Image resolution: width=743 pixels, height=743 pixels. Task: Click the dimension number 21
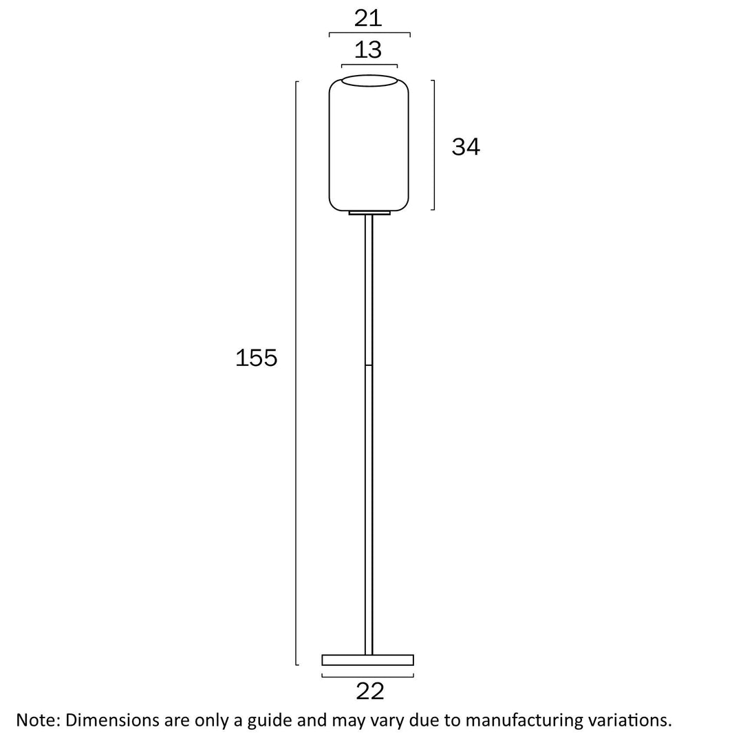pos(368,18)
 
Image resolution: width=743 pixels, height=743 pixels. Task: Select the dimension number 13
pos(368,50)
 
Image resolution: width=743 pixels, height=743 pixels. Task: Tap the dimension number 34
pos(466,147)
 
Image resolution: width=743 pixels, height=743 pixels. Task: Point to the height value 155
pos(256,358)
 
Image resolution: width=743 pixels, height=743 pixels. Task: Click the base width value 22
pos(369,691)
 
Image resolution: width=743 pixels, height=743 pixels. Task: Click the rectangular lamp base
pos(368,660)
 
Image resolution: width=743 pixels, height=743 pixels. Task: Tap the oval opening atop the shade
pos(369,80)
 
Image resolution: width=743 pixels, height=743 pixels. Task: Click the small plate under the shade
pos(369,213)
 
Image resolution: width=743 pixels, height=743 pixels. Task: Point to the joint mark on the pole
pos(369,365)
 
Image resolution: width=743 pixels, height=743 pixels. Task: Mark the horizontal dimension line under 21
pos(369,33)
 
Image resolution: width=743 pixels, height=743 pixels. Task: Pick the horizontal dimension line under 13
pos(369,65)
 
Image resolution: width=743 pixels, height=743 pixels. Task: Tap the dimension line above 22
pos(368,675)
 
